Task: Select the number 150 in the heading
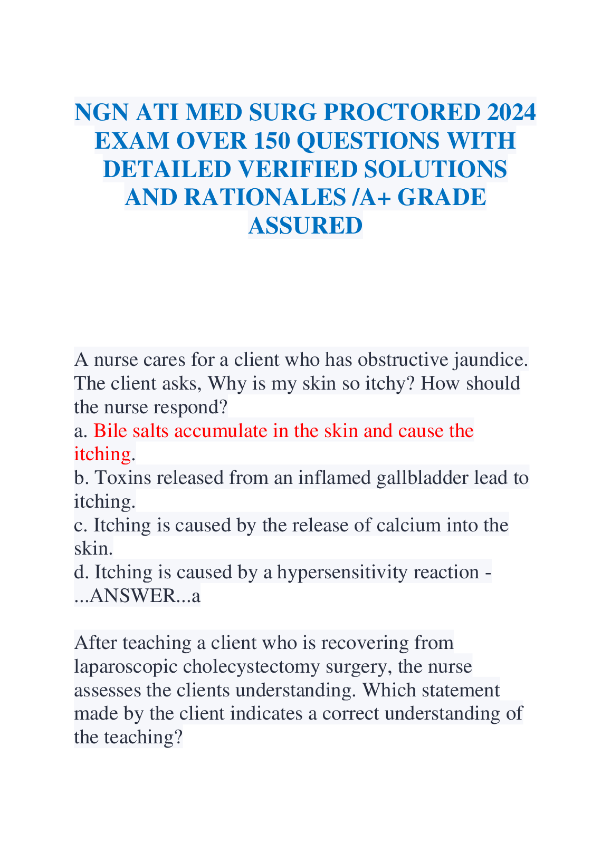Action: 274,141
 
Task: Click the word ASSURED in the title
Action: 305,226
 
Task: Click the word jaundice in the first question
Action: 490,360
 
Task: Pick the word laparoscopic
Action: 126,666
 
